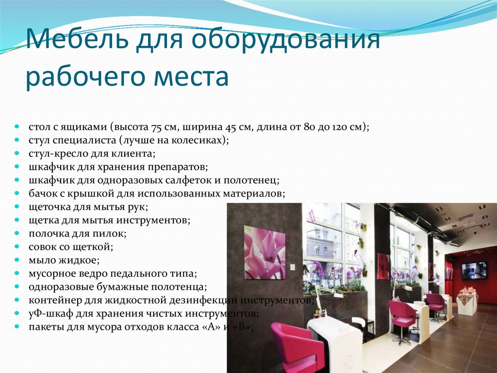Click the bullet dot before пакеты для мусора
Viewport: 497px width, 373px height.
coord(17,326)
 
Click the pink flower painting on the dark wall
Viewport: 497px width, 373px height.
coord(265,252)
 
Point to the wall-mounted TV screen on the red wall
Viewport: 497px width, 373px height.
coord(474,271)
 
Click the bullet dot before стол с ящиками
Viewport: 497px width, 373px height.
coord(17,127)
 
